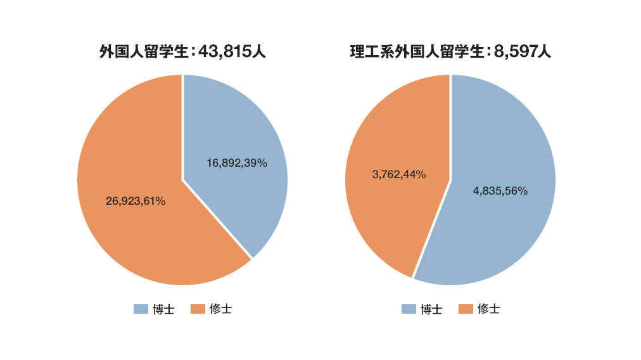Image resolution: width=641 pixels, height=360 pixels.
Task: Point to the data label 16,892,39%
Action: [x=237, y=163]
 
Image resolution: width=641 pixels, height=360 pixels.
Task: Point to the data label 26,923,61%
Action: [x=136, y=201]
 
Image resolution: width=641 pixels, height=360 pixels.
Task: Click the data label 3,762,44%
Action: [x=399, y=174]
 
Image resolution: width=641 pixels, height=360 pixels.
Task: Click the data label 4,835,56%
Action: [x=500, y=191]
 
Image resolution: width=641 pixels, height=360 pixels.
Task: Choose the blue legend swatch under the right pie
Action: [x=409, y=309]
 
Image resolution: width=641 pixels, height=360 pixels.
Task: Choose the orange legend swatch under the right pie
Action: [x=466, y=309]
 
